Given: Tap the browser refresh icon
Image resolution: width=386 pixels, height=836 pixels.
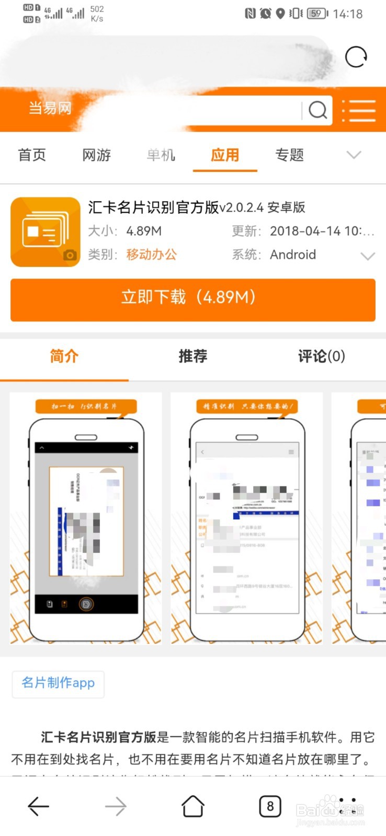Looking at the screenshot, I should (x=356, y=57).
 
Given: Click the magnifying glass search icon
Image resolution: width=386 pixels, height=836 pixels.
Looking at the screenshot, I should (x=317, y=110).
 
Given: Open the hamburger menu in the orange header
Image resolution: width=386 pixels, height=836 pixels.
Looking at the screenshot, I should (x=359, y=111).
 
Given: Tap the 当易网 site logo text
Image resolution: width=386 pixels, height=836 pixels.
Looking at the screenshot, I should (x=50, y=108).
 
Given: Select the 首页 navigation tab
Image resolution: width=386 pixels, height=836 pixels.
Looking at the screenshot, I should (x=32, y=155).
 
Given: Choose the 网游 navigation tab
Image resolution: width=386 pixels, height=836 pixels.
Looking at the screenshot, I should (x=97, y=155).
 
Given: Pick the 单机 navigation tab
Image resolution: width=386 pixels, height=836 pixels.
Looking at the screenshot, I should (x=161, y=155).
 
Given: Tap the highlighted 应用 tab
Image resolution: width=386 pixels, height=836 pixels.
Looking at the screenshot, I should (x=225, y=155).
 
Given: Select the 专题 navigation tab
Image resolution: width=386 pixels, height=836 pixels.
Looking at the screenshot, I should (x=289, y=155).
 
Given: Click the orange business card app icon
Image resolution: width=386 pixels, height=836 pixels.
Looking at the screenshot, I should (x=46, y=232).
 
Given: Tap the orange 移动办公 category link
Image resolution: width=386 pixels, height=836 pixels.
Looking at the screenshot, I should (x=152, y=254).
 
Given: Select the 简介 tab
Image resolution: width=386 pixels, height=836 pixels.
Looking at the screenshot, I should (x=64, y=356).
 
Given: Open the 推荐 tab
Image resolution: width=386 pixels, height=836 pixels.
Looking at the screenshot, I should (x=193, y=356).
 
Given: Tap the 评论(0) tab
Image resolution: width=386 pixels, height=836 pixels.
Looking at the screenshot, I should (x=321, y=356).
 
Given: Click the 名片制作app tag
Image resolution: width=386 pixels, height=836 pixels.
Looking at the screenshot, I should (x=58, y=683).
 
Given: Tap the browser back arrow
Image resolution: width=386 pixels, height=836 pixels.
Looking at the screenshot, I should (x=38, y=806).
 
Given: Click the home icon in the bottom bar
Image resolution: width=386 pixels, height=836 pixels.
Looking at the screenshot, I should (x=192, y=806).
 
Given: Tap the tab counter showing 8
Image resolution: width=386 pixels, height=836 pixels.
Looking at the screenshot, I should (x=270, y=806).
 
